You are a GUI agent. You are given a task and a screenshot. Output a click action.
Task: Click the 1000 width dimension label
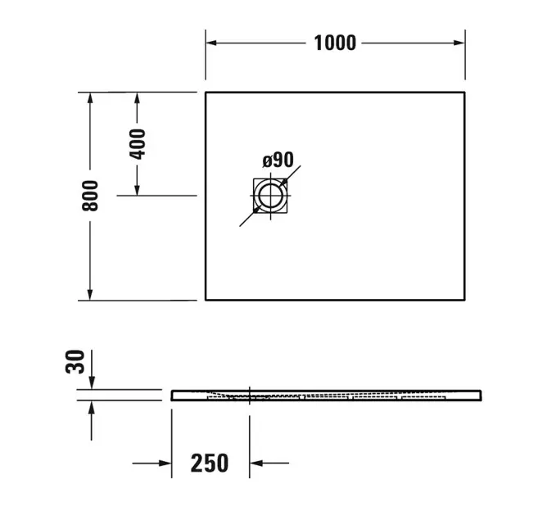(x=335, y=43)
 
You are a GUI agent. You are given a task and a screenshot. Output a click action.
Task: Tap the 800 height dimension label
(x=90, y=196)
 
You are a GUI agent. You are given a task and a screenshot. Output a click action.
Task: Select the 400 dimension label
(x=137, y=144)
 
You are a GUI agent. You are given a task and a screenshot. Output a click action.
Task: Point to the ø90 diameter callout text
(x=278, y=160)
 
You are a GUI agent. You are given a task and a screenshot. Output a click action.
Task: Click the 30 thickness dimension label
(x=75, y=362)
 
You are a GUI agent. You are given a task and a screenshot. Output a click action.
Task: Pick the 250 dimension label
(x=210, y=463)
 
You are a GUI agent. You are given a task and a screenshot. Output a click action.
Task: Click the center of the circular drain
(x=270, y=196)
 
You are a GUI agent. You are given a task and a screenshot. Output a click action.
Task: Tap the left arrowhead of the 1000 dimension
(x=211, y=43)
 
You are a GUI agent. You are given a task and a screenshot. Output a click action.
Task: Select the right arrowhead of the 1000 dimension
(x=459, y=43)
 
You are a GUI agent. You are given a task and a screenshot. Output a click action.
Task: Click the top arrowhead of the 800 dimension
(x=90, y=98)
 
